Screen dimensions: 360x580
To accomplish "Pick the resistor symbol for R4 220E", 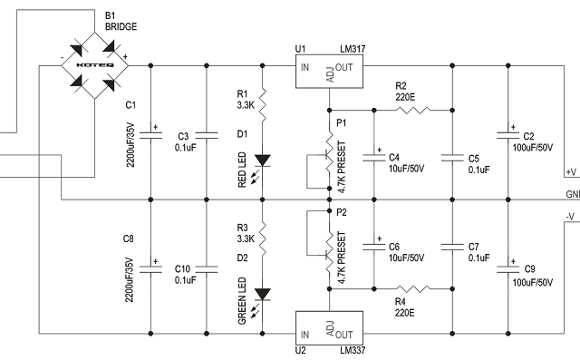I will coord(413,288).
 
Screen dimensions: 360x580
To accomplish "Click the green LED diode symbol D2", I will coord(263,294).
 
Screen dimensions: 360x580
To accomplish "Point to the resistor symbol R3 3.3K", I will coord(263,238).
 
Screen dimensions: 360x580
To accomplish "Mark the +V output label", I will coord(570,171).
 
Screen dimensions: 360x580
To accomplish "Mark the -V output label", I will coord(570,216).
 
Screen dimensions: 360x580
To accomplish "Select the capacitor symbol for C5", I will coord(450,157).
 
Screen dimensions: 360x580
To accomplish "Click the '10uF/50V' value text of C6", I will coord(407,258).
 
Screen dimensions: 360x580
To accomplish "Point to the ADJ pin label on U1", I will coord(329,80).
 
